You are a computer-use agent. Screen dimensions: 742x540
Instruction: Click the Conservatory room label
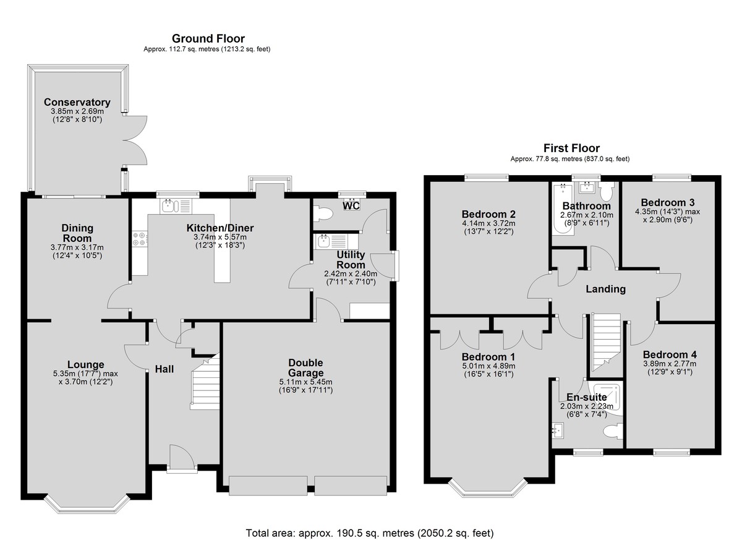(x=77, y=102)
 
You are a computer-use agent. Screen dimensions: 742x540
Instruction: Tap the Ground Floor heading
(x=208, y=39)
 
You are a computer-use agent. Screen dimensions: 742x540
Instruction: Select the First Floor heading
(x=571, y=148)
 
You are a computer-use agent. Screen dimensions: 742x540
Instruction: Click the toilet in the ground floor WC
(x=323, y=213)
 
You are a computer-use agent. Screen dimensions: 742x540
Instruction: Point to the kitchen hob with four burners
(x=140, y=239)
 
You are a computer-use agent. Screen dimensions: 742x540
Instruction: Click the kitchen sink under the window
(x=176, y=207)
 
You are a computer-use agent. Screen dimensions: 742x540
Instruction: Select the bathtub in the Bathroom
(x=563, y=208)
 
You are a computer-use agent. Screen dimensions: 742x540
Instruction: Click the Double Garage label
(x=305, y=367)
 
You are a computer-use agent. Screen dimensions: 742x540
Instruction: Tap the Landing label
(x=605, y=289)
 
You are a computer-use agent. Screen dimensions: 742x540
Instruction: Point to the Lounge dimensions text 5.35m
(x=65, y=374)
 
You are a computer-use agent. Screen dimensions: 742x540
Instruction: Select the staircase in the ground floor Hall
(x=205, y=382)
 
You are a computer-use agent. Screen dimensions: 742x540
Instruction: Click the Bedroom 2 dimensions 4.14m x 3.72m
(x=488, y=223)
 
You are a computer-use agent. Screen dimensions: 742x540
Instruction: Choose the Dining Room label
(x=77, y=233)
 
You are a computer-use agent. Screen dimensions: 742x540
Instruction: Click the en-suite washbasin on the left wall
(x=558, y=431)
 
